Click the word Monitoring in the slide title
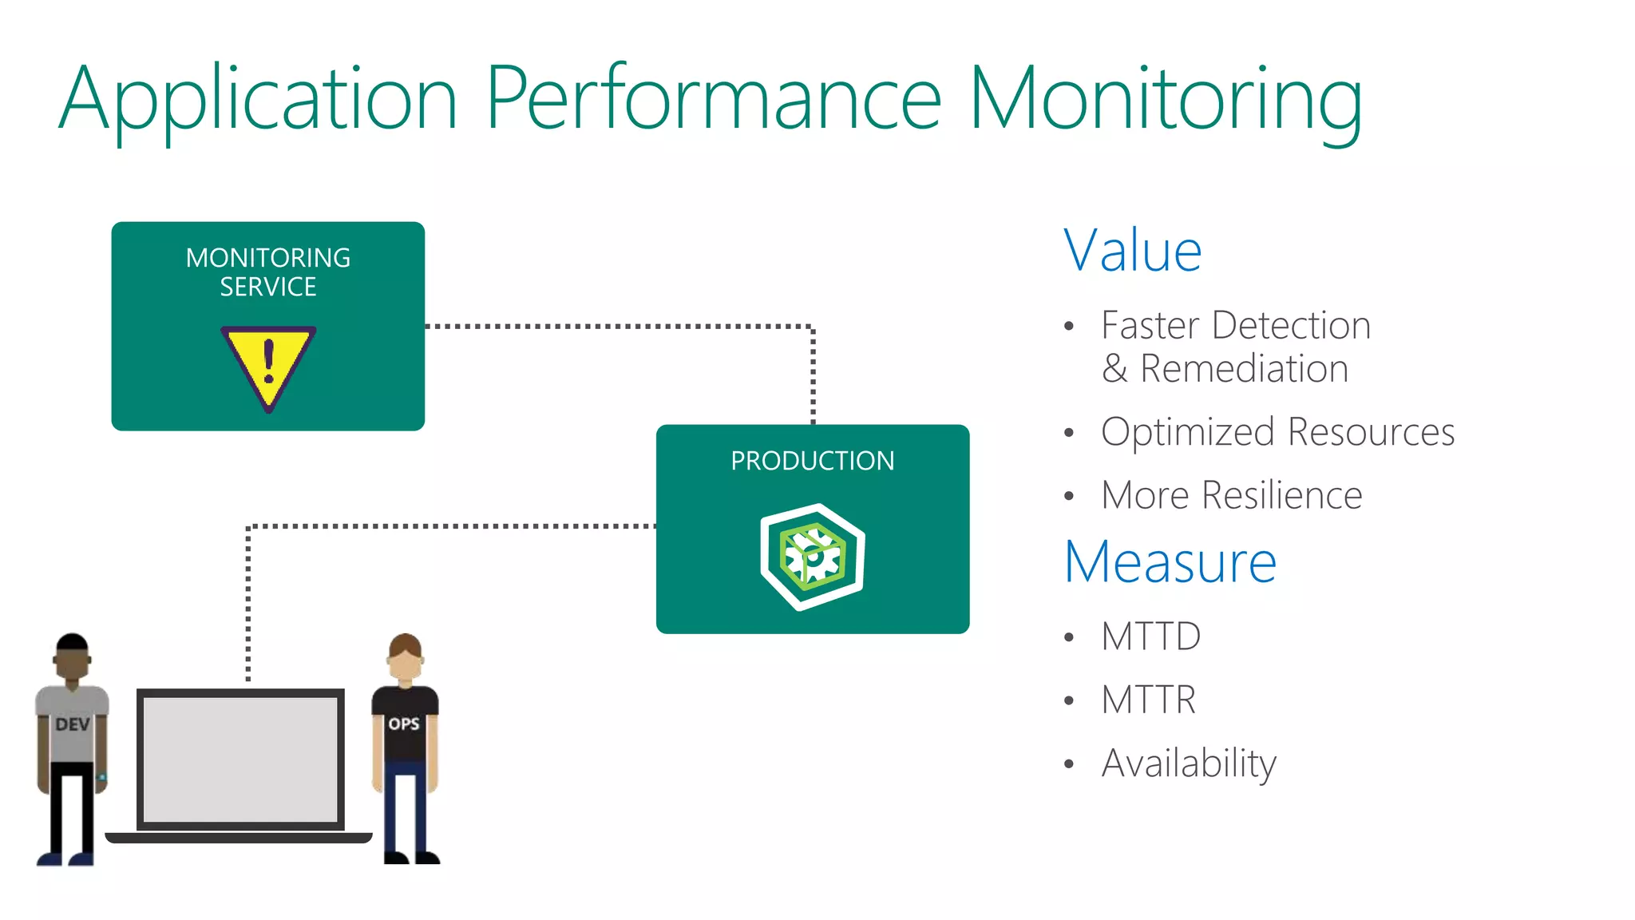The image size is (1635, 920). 1165,100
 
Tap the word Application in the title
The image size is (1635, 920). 257,100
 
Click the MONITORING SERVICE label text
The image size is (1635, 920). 268,272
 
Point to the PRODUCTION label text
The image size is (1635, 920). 812,461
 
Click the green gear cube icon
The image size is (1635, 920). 813,557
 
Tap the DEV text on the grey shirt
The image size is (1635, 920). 72,724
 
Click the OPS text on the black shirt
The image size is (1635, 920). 404,724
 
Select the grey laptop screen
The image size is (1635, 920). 240,759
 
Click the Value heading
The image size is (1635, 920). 1132,251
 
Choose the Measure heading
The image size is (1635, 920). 1170,562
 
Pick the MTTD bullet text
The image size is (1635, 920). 1150,636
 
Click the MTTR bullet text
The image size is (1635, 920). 1148,700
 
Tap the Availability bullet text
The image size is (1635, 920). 1189,763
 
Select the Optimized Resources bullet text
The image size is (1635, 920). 1277,432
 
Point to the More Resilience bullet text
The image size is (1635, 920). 1231,495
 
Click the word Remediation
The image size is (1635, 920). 1244,369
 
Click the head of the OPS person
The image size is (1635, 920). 406,657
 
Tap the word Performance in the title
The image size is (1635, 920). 714,100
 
